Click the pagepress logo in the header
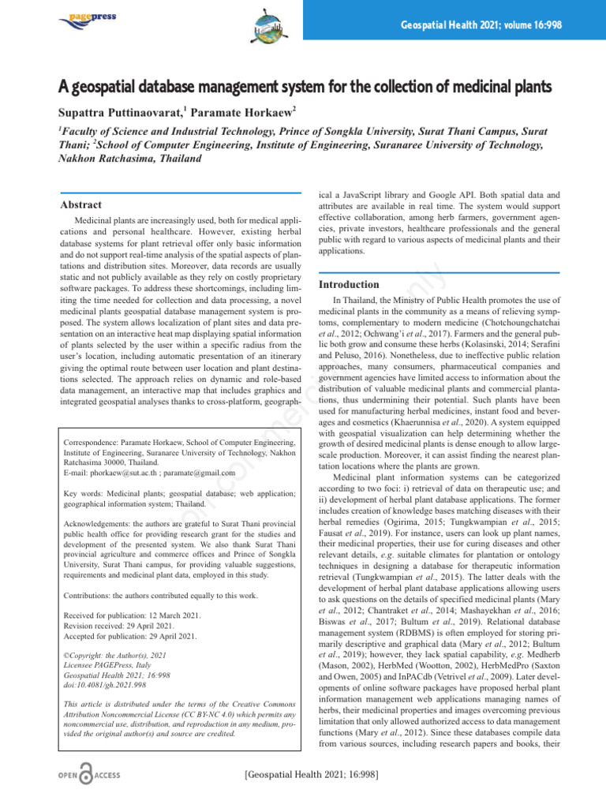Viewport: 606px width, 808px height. click(x=84, y=17)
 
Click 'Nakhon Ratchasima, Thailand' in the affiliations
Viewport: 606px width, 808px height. click(x=129, y=159)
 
